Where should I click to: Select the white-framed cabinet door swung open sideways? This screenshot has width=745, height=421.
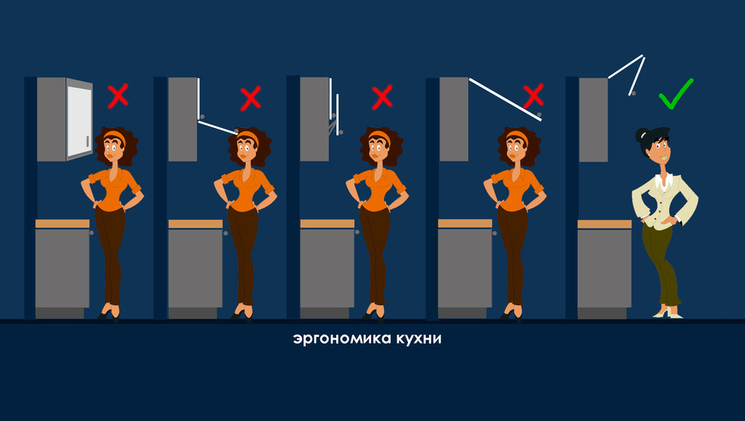click(79, 120)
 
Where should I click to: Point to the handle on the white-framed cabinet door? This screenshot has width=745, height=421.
click(87, 142)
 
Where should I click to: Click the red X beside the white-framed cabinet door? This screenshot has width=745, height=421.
click(117, 95)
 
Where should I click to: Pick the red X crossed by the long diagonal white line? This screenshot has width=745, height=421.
click(533, 95)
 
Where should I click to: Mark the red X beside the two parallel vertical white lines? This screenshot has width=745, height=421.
click(382, 96)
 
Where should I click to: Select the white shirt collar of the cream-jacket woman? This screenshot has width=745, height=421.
click(663, 181)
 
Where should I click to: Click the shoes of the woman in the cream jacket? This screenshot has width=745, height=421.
click(667, 313)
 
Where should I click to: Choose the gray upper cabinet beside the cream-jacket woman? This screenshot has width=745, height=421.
click(593, 119)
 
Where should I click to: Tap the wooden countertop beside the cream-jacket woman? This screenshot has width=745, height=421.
click(604, 224)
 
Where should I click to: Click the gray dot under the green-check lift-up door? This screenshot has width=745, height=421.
click(633, 94)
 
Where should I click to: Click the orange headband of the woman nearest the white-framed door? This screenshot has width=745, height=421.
click(114, 136)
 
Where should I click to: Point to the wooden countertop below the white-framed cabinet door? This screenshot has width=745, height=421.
click(62, 223)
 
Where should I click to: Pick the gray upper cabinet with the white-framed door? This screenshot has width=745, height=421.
click(50, 119)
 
